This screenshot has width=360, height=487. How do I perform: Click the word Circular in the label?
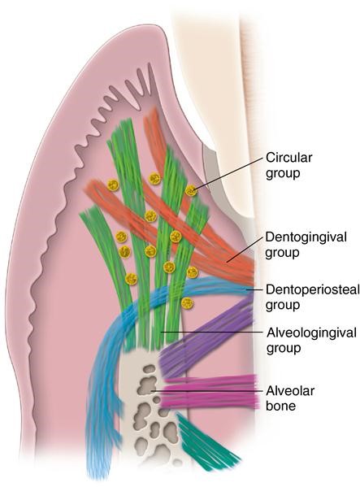[289, 158]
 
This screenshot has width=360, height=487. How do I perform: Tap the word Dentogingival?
[306, 237]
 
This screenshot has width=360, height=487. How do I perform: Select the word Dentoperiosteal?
[313, 289]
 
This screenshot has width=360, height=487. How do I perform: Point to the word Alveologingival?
[311, 333]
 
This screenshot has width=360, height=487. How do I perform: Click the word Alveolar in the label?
[290, 390]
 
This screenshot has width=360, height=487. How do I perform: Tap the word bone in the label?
[280, 406]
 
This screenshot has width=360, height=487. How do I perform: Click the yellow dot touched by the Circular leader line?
[191, 190]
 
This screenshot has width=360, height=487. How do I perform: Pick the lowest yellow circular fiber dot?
[187, 302]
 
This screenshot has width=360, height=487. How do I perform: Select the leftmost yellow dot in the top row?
[113, 185]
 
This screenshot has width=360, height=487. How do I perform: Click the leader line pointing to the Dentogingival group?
[245, 250]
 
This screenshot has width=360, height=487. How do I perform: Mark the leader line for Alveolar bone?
[207, 391]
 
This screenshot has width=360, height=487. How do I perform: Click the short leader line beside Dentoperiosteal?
[254, 289]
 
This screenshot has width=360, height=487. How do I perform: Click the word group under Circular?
[283, 173]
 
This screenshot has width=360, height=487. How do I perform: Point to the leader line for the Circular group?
[228, 173]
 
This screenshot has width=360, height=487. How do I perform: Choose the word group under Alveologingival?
[284, 348]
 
